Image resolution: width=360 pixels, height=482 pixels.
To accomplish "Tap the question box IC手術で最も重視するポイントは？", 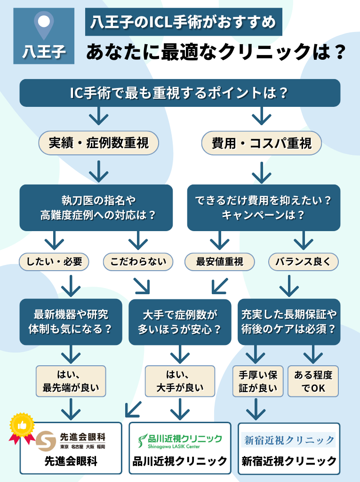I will [x=179, y=93].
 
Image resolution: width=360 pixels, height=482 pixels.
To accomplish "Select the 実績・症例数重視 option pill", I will [x=98, y=143].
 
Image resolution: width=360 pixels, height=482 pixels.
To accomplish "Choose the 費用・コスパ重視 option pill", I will [x=262, y=143].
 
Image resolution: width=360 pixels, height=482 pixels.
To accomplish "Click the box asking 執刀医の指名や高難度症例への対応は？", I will [x=96, y=208].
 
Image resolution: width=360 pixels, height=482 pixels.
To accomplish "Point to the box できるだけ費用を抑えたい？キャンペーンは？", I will [x=264, y=208].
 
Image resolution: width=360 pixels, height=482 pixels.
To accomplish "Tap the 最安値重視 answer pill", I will [x=220, y=262].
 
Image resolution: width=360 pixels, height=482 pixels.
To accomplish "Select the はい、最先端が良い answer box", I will [x=71, y=381].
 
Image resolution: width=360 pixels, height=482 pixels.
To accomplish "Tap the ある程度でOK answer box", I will [x=312, y=381].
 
